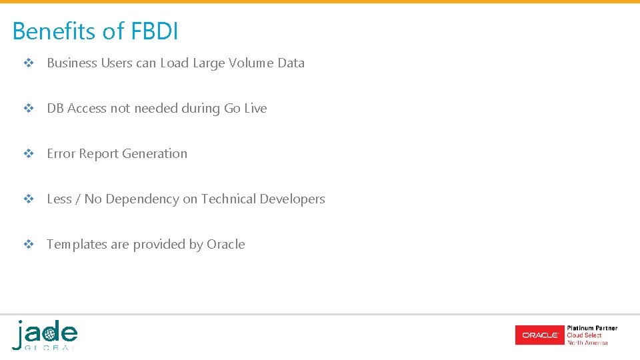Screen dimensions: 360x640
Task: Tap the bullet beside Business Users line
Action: [29, 63]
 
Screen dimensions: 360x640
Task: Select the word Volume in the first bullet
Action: [251, 63]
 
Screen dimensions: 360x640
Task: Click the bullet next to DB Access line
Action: [29, 109]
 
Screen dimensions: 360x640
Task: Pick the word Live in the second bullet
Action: [255, 109]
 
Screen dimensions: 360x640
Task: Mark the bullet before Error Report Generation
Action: [29, 154]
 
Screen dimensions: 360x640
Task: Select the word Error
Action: [61, 154]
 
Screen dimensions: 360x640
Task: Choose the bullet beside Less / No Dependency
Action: [29, 199]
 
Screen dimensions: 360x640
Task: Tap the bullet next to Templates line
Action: [29, 245]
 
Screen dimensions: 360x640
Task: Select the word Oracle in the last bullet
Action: [225, 245]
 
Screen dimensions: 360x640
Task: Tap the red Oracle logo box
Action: [539, 335]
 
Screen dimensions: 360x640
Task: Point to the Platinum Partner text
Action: [592, 328]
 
